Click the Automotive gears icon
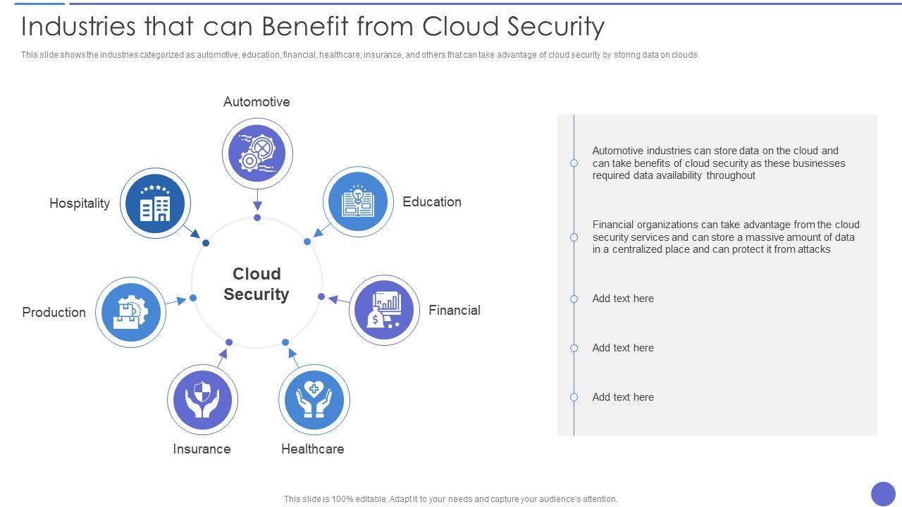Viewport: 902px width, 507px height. click(x=257, y=153)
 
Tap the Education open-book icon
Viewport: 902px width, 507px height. click(x=358, y=201)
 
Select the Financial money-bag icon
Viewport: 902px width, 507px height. click(x=384, y=310)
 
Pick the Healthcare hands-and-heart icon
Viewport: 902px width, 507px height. click(x=314, y=399)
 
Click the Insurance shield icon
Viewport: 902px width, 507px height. click(x=202, y=399)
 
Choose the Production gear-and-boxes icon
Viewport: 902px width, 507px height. click(x=130, y=312)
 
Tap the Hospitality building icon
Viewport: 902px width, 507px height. click(x=155, y=203)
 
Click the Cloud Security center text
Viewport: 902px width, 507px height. click(x=257, y=284)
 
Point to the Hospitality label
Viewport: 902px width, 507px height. click(x=80, y=204)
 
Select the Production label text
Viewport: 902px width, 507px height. click(x=54, y=312)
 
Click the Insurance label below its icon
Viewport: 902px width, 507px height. click(x=202, y=449)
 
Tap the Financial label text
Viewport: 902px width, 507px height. click(x=455, y=311)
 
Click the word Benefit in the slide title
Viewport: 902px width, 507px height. click(x=303, y=27)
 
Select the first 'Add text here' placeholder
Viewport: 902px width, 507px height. click(x=623, y=299)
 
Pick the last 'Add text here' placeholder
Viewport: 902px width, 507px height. click(x=623, y=397)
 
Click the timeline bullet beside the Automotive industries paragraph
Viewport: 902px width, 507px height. click(x=574, y=163)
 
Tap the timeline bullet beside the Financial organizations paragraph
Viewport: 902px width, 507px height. click(x=574, y=237)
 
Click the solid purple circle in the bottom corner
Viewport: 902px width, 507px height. click(x=883, y=494)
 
